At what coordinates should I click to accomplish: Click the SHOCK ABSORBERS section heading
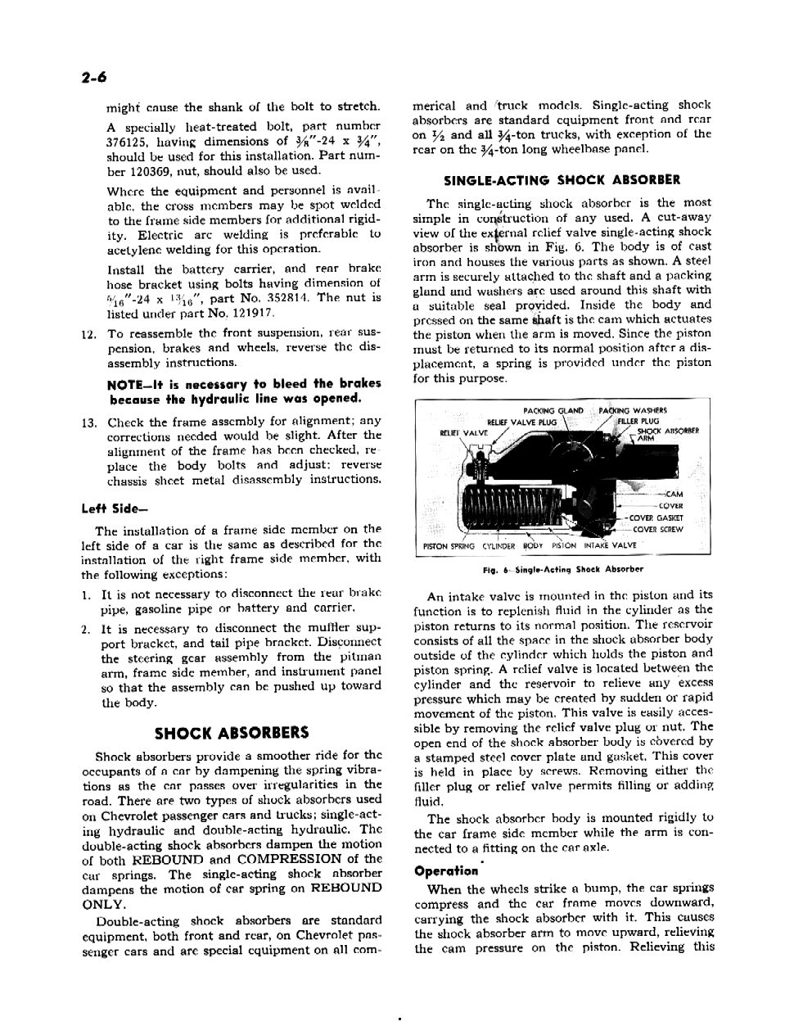click(x=232, y=733)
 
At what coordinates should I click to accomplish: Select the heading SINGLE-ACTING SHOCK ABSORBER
click(x=562, y=179)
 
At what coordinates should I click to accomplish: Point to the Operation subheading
click(x=446, y=871)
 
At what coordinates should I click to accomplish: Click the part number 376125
click(x=130, y=142)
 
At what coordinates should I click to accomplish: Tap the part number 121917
click(x=250, y=313)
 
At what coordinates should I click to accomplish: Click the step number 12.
click(x=90, y=334)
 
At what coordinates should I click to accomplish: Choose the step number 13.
click(x=90, y=423)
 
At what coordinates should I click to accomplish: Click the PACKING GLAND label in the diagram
click(x=553, y=411)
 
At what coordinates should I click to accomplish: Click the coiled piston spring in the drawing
click(x=508, y=504)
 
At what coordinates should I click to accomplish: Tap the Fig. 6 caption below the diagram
click(x=563, y=569)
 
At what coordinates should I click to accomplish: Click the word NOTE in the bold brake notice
click(x=123, y=384)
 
